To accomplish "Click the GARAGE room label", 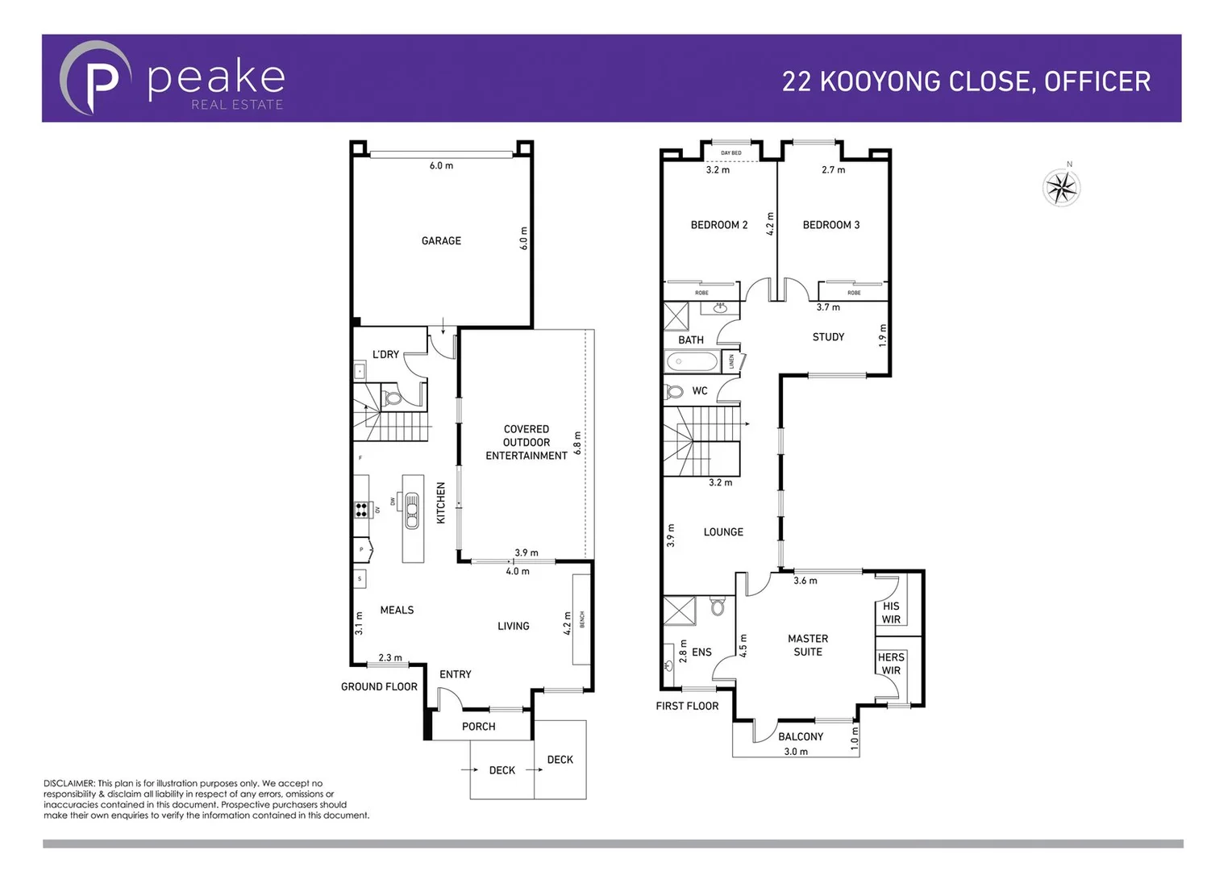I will tap(441, 241).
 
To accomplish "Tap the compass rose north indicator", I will tap(1061, 189).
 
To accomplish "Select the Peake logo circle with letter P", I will tap(96, 78).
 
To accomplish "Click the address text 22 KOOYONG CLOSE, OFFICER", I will tap(966, 81).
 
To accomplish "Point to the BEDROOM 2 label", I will tap(718, 225).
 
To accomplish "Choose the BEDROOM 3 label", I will tap(830, 225).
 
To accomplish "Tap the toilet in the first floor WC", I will tap(674, 392).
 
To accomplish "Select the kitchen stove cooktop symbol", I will tap(361, 509).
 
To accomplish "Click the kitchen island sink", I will tap(412, 510).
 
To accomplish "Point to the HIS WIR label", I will tap(890, 613).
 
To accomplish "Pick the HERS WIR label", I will tap(890, 664).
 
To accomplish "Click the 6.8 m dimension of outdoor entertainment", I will tap(577, 443).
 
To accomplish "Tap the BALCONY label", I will tap(800, 736).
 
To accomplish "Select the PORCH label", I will tap(478, 727).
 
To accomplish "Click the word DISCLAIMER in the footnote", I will tap(69, 783).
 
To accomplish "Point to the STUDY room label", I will tap(828, 337).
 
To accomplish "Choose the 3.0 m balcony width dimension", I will tap(795, 752).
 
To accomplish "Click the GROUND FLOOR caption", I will tap(379, 687).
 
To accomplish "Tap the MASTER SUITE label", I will tap(807, 645).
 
